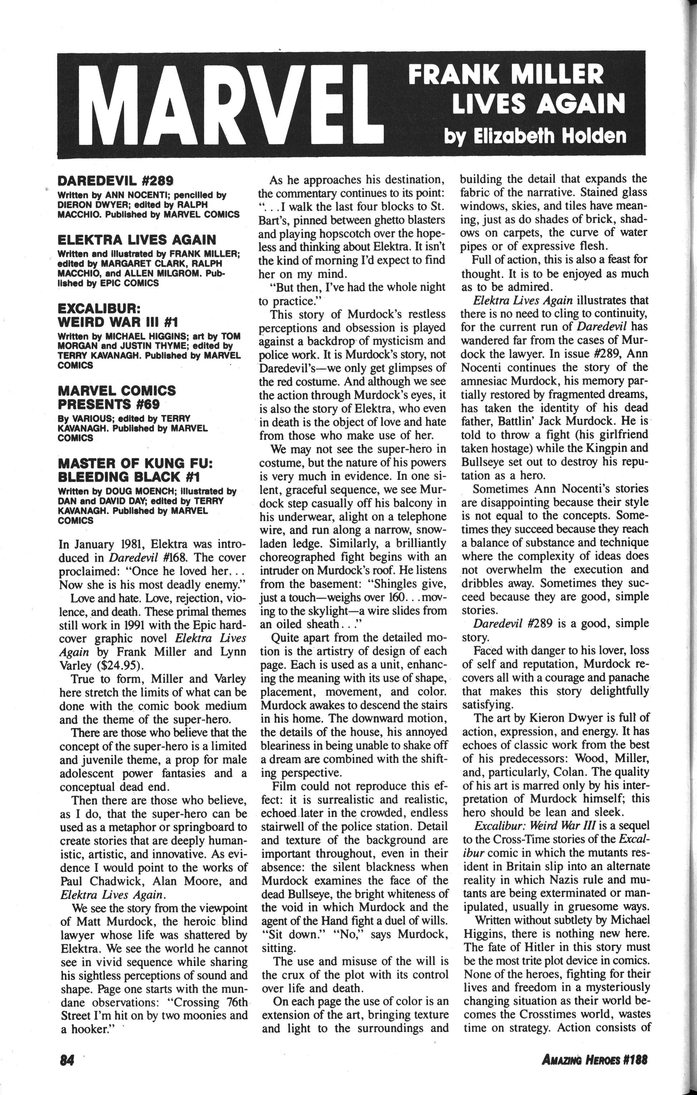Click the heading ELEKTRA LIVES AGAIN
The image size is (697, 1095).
point(137,240)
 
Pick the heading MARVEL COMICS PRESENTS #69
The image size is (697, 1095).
point(117,397)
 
